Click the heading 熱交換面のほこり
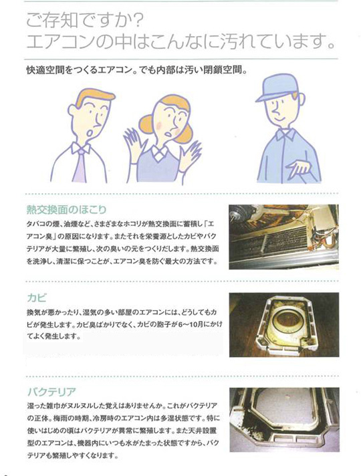67,209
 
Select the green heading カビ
37,297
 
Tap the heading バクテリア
51,392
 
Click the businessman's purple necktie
80,167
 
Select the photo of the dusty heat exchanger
283,237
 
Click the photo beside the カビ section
284,324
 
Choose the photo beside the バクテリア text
284,420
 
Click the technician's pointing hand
298,168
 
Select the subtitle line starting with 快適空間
136,70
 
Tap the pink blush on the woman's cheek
160,125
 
